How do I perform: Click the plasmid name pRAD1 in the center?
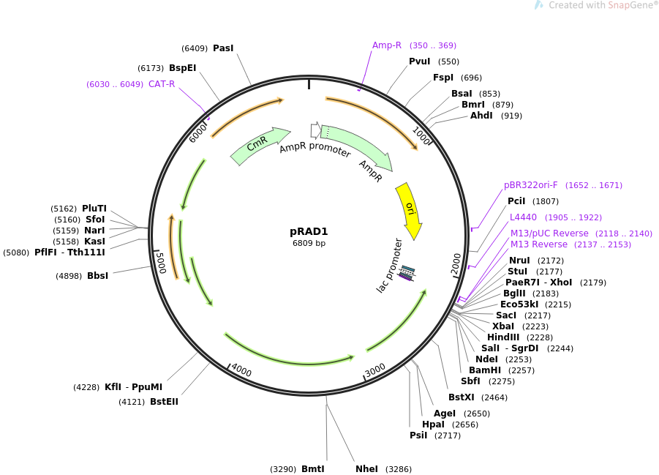point(309,231)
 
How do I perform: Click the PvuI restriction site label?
point(419,61)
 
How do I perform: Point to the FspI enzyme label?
point(443,78)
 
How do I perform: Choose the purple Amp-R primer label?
point(387,45)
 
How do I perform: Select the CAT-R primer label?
point(162,84)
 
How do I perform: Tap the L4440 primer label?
point(523,217)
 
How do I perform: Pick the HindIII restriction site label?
point(502,337)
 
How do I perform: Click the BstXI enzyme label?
point(462,397)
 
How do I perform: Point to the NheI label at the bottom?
point(366,469)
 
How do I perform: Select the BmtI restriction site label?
point(312,469)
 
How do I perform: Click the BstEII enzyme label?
point(164,402)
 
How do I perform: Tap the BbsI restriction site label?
point(97,276)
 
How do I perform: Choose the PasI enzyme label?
point(223,48)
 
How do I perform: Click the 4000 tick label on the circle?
point(241,372)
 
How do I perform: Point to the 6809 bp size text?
point(309,243)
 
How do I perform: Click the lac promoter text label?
point(390,266)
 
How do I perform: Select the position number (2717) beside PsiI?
point(448,435)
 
